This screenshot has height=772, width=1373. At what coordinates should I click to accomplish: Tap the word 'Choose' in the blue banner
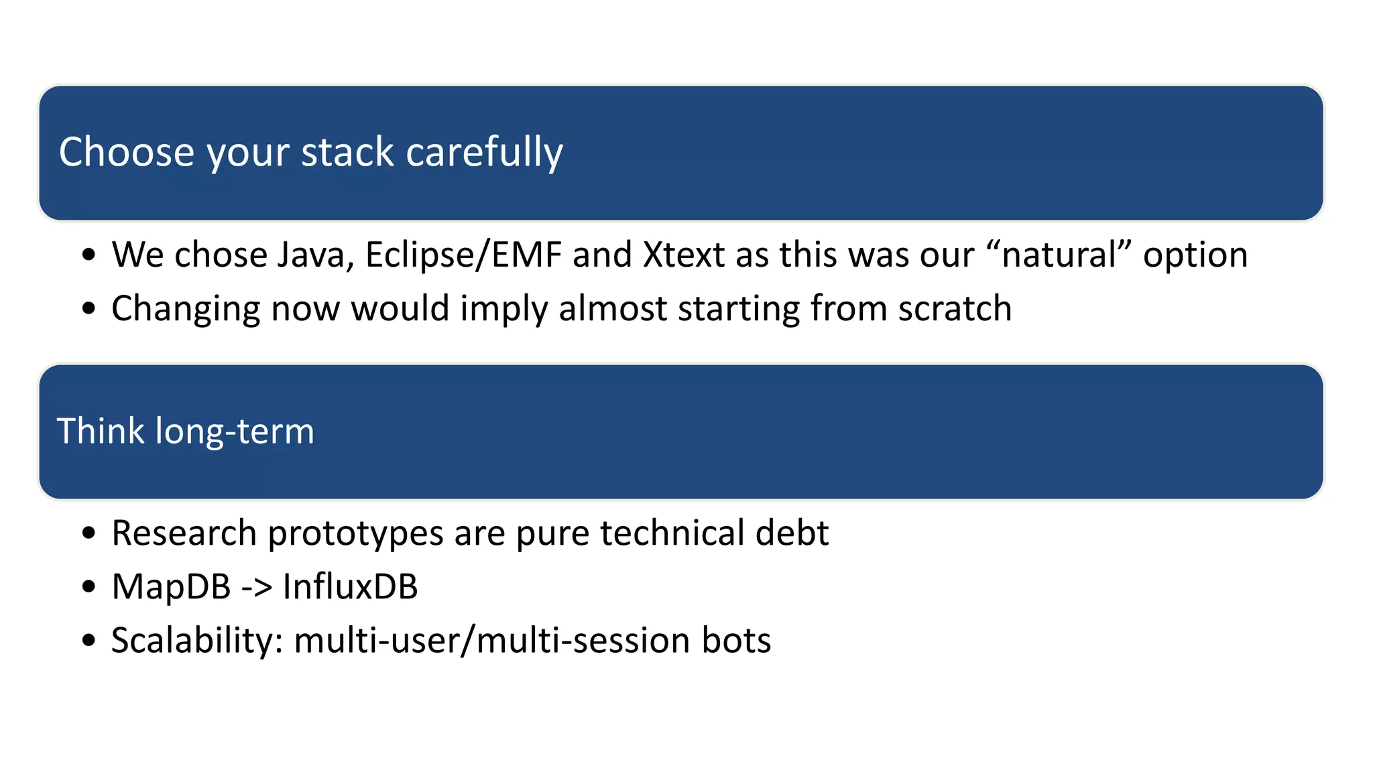[x=126, y=152]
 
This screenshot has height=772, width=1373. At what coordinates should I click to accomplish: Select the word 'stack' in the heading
[x=347, y=152]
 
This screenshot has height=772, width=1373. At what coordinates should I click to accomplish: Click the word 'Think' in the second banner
[x=100, y=431]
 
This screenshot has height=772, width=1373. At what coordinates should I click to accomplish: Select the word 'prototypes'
[x=355, y=534]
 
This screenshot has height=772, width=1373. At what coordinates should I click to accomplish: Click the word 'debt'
[x=792, y=533]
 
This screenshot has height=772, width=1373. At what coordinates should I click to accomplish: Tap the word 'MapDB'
[x=171, y=587]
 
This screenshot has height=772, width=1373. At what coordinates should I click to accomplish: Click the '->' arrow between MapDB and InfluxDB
[x=257, y=588]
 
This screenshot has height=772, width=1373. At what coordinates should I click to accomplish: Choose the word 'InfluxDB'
[x=350, y=587]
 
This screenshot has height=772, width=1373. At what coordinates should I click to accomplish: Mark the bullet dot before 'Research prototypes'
[x=88, y=534]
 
